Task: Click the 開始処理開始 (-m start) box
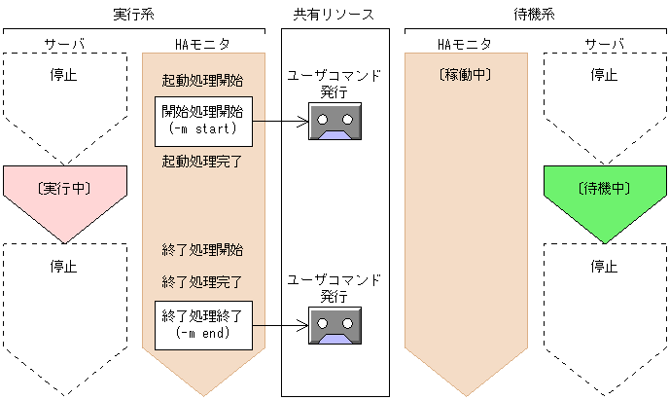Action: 204,121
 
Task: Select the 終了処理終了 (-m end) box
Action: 204,324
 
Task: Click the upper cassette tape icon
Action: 334,122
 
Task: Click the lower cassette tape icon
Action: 334,325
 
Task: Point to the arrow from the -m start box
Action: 281,122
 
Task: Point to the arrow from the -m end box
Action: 281,325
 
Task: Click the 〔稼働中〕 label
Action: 465,74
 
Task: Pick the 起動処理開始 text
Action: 203,80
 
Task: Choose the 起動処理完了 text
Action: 203,161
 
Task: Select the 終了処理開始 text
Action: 203,250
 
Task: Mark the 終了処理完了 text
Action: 203,282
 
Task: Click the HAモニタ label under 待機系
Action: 465,44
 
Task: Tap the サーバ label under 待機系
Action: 604,44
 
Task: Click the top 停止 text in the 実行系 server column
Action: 64,74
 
